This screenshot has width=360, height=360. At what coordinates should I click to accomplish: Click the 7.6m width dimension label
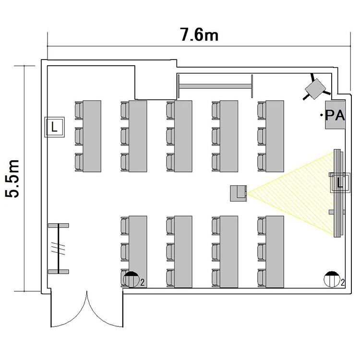[x=199, y=35]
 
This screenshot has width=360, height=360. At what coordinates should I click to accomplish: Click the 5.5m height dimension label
[x=12, y=178]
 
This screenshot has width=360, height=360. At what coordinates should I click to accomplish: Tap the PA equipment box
[x=335, y=115]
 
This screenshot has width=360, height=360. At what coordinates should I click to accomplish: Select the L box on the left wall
[x=54, y=127]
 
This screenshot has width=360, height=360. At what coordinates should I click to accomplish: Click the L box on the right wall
[x=340, y=183]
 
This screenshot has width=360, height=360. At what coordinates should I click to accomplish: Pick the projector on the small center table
[x=239, y=193]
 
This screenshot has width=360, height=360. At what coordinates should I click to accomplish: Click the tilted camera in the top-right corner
[x=316, y=89]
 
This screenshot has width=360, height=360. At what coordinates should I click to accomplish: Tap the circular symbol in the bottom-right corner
[x=332, y=279]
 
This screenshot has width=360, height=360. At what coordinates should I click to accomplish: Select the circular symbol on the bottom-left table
[x=132, y=279]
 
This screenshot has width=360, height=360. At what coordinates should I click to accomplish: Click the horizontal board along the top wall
[x=216, y=86]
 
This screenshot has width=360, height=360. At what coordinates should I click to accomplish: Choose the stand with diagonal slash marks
[x=59, y=249]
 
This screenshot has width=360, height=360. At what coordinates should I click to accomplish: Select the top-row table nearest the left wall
[x=92, y=136]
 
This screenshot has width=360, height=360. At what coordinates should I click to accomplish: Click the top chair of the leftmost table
[x=79, y=110]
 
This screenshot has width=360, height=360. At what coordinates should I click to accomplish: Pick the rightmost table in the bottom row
[x=275, y=252]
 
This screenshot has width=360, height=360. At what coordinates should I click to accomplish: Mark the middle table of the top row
[x=183, y=136]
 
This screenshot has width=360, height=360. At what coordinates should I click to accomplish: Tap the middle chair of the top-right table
[x=262, y=136]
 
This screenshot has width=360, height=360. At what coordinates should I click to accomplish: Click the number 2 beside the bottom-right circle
[x=343, y=283]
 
